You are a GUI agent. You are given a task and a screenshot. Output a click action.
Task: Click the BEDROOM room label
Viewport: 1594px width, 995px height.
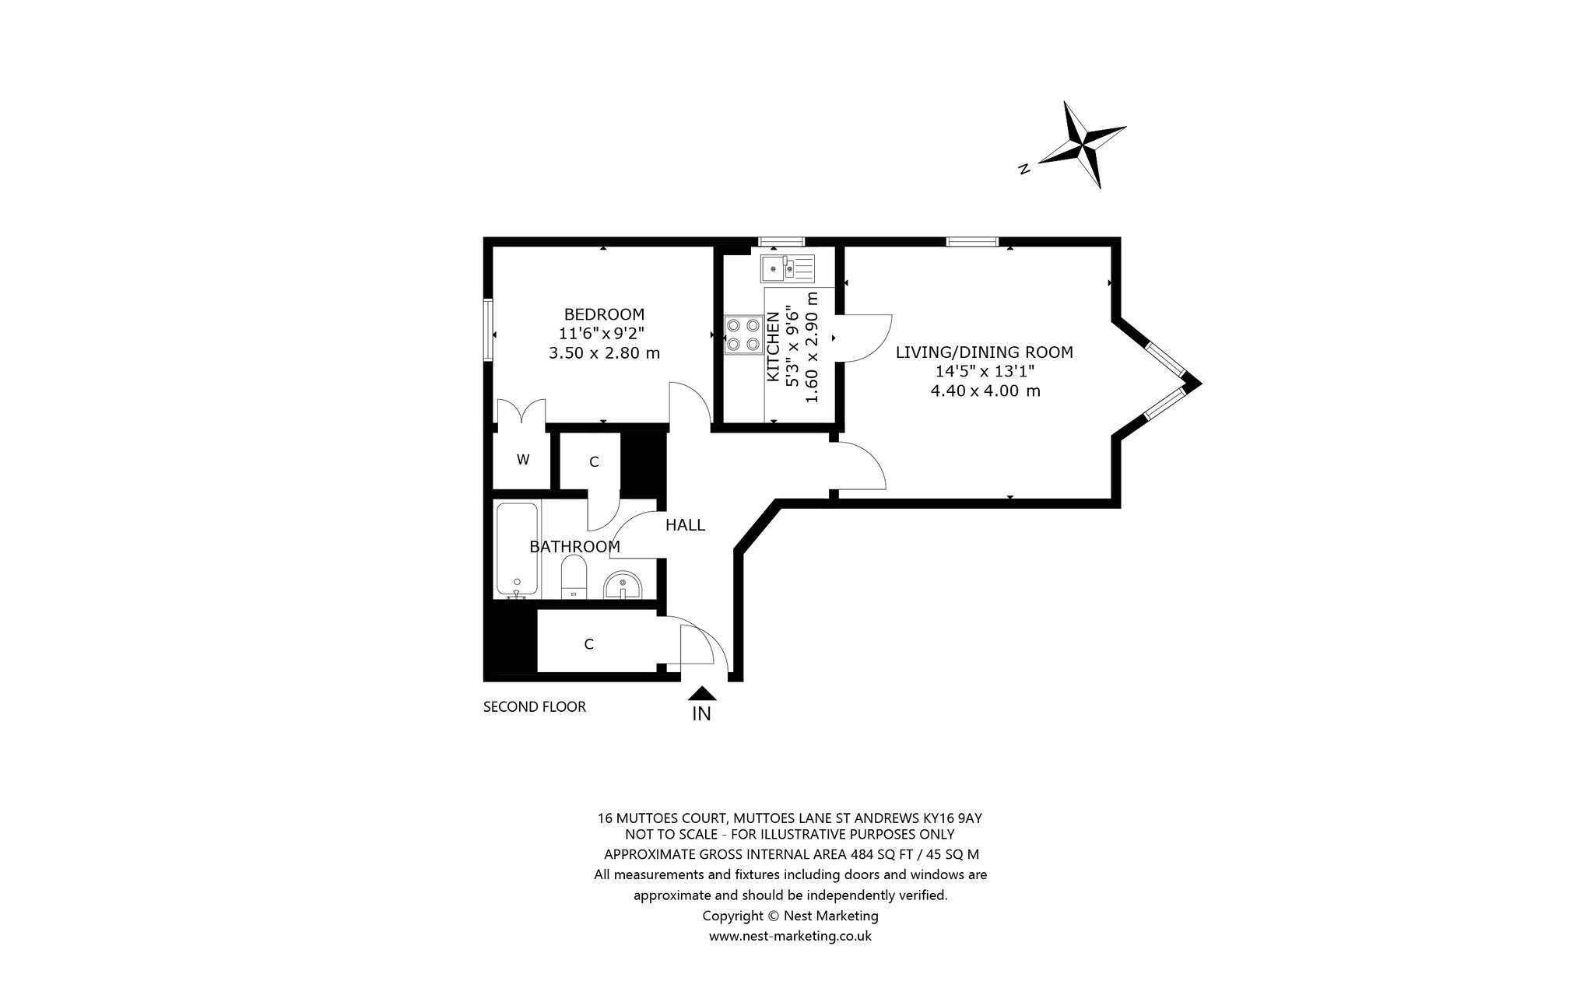pyautogui.click(x=604, y=314)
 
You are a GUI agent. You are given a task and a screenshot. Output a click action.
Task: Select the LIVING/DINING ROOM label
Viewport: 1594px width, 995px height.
pyautogui.click(x=984, y=352)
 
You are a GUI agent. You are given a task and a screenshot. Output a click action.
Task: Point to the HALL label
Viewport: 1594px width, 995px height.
pyautogui.click(x=685, y=525)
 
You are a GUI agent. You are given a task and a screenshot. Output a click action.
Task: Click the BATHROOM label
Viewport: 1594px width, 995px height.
pyautogui.click(x=574, y=547)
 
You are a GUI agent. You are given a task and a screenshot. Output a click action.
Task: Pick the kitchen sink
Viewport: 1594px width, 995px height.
pyautogui.click(x=788, y=269)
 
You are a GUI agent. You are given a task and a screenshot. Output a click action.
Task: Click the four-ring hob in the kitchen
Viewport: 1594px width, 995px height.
pyautogui.click(x=743, y=335)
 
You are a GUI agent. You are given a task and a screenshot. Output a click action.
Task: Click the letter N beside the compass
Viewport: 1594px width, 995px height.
pyautogui.click(x=1025, y=169)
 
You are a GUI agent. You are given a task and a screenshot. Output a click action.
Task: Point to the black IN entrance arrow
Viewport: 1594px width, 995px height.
pyautogui.click(x=702, y=693)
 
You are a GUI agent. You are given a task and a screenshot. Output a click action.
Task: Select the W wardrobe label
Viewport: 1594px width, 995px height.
pyautogui.click(x=523, y=460)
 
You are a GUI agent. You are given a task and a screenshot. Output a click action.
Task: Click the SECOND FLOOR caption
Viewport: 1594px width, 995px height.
pyautogui.click(x=534, y=707)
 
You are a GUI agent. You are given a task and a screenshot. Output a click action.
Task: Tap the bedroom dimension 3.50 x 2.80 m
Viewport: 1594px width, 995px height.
pyautogui.click(x=604, y=353)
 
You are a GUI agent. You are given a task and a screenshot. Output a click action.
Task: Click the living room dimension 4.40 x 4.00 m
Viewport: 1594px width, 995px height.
pyautogui.click(x=985, y=391)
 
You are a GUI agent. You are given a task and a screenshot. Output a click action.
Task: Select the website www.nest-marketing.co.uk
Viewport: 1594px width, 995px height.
pyautogui.click(x=790, y=936)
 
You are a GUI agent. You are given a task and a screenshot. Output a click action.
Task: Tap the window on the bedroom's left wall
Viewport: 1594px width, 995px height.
pyautogui.click(x=488, y=331)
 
